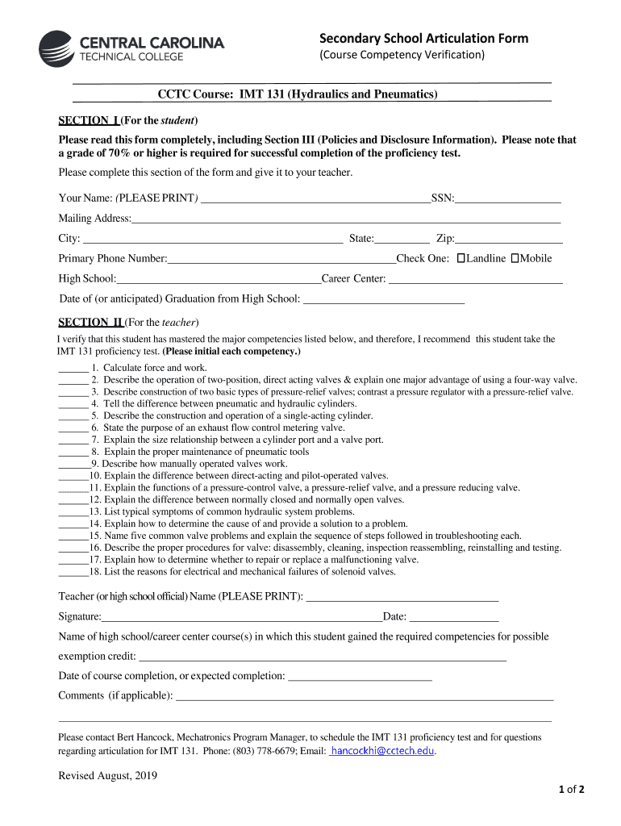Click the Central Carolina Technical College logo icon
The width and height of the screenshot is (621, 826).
click(x=56, y=48)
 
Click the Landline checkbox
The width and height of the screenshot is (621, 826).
click(x=461, y=258)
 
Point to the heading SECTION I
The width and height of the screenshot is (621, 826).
click(x=89, y=121)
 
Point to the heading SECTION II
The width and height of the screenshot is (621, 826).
click(x=90, y=323)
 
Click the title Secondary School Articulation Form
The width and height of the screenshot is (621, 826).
click(x=423, y=38)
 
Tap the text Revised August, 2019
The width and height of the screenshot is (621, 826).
click(x=107, y=776)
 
